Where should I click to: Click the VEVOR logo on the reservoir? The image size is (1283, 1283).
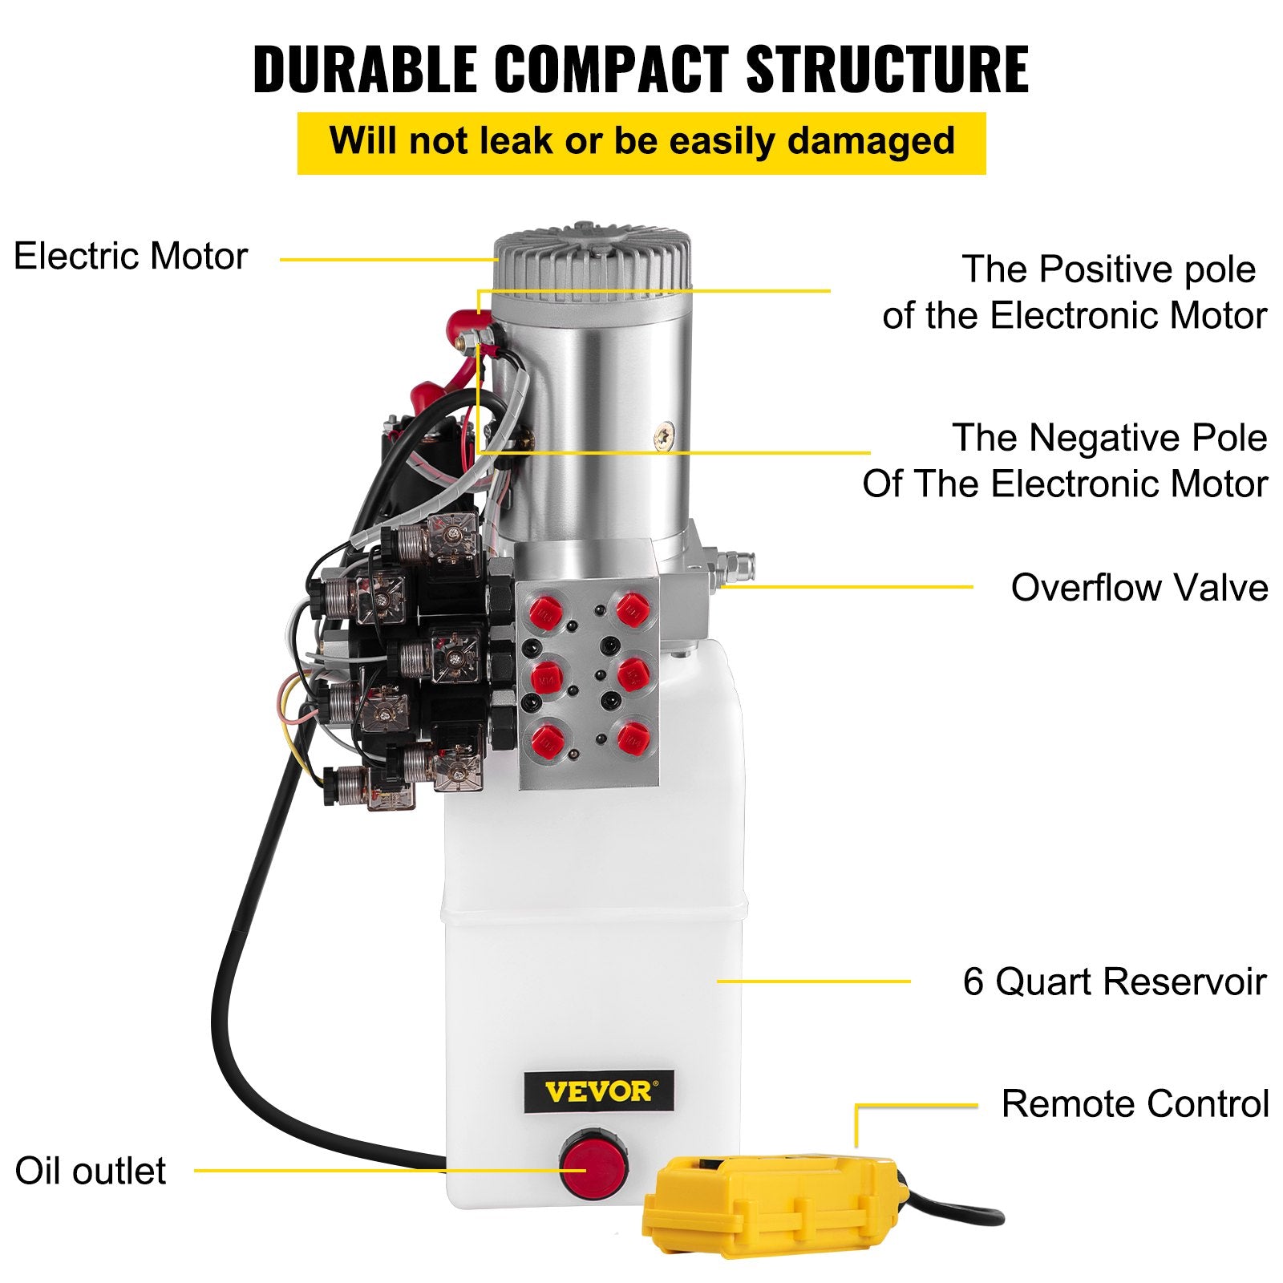click(x=599, y=1091)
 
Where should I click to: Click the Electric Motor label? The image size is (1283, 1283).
click(x=131, y=257)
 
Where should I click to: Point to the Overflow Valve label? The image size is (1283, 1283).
click(x=1139, y=588)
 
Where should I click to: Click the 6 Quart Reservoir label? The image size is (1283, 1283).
click(x=1114, y=981)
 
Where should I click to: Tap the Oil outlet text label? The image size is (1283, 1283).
click(x=90, y=1171)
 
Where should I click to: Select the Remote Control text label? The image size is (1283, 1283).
click(x=1135, y=1104)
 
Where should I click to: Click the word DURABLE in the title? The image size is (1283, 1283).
click(x=365, y=69)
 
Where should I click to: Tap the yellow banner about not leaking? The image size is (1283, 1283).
click(x=641, y=142)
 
